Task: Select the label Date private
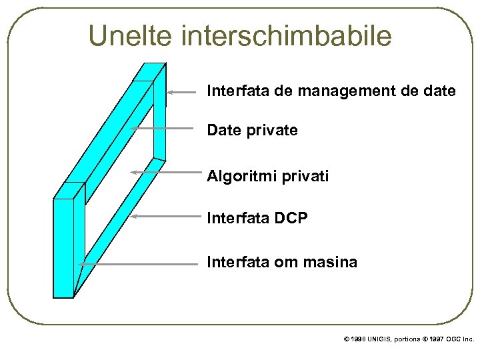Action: point(252,131)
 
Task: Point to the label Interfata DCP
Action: point(257,217)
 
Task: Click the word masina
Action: point(332,263)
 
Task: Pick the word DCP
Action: point(292,217)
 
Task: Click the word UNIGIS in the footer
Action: point(380,339)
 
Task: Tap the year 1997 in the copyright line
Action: point(438,339)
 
